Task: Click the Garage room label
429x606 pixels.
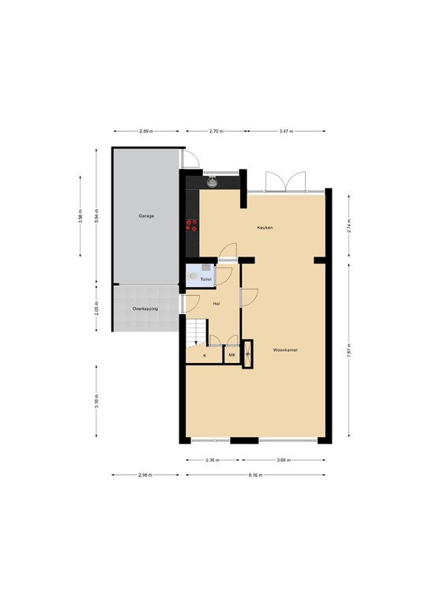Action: [x=145, y=215]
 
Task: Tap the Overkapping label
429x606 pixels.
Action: [x=145, y=309]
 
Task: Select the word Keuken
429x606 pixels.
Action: [x=265, y=227]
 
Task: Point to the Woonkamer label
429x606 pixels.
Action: [x=285, y=349]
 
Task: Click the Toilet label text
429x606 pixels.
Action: [x=205, y=279]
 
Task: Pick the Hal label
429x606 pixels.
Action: [x=216, y=302]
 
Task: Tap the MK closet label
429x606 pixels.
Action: [x=232, y=356]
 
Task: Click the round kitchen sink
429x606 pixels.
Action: [x=212, y=181]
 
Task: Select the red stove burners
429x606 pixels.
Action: [x=190, y=225]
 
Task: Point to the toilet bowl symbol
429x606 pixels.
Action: [x=194, y=276]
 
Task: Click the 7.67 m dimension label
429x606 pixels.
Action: [x=348, y=353]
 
